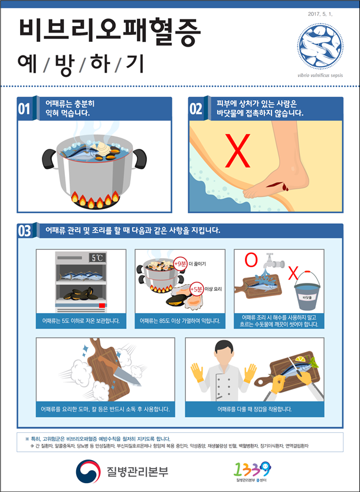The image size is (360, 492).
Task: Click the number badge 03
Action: pyautogui.click(x=24, y=230)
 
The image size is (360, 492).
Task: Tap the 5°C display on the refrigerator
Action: pyautogui.click(x=97, y=258)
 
